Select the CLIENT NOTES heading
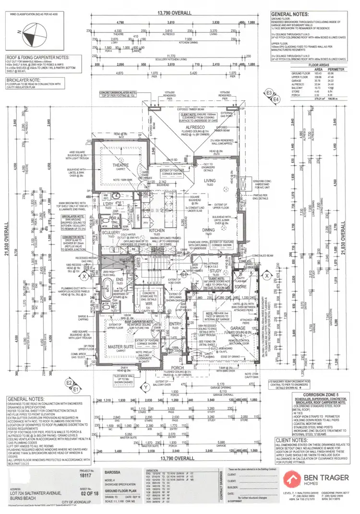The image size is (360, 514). [x=290, y=439]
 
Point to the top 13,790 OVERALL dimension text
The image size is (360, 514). [x=178, y=13]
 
